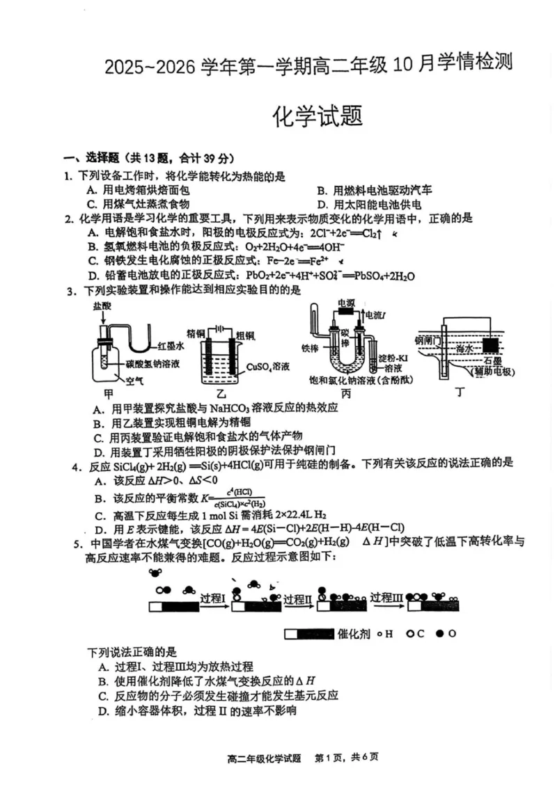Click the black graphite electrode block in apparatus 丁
tap(490, 344)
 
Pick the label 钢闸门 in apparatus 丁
tap(427, 341)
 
